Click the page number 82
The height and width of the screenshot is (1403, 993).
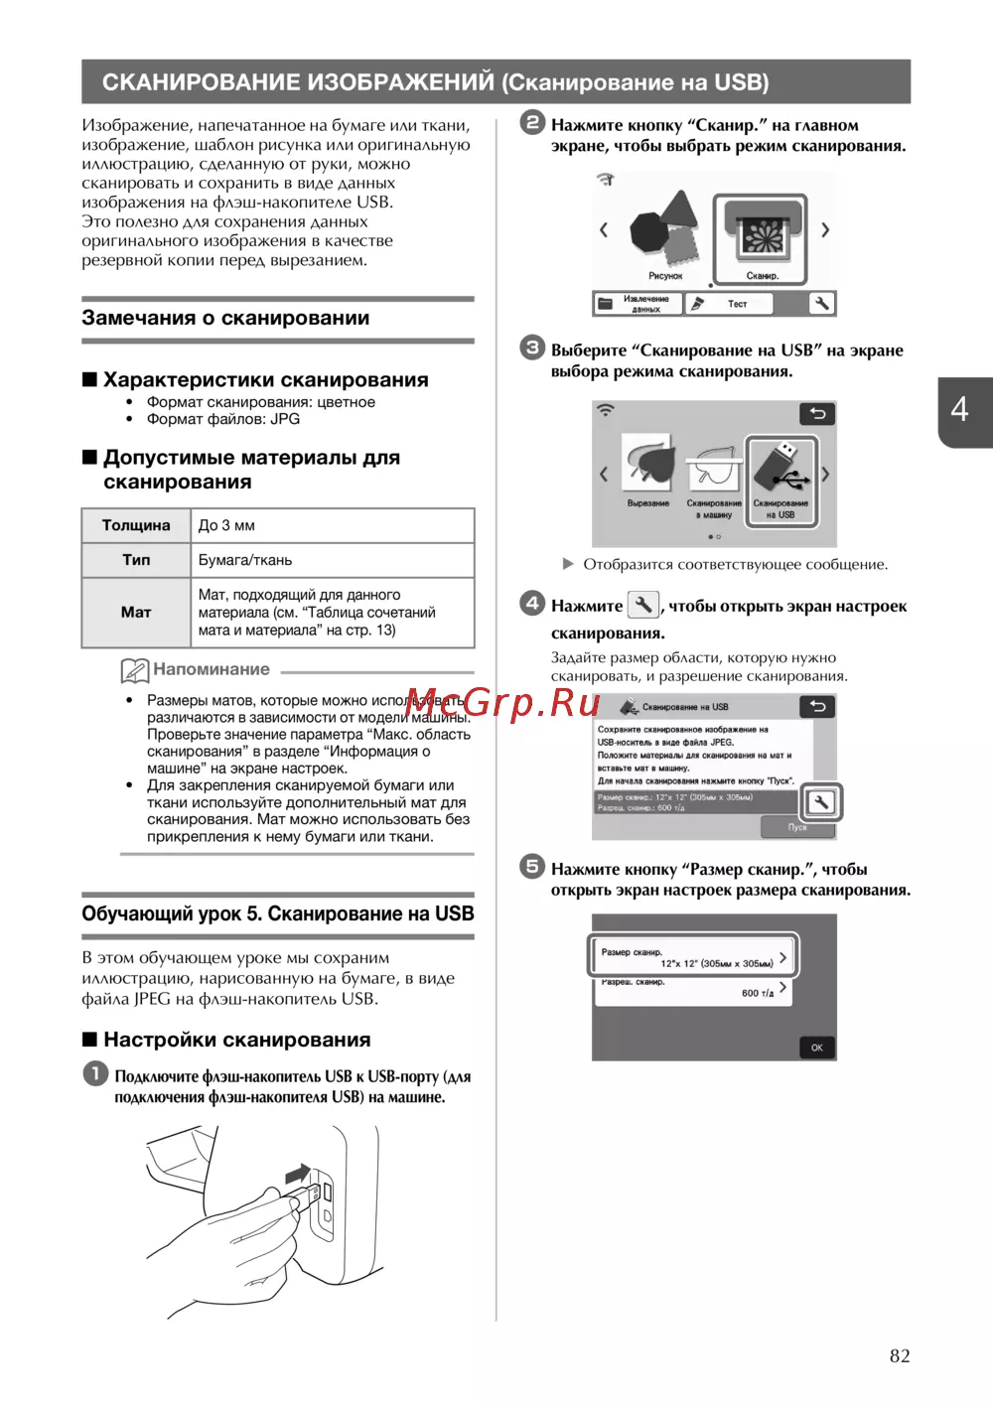click(899, 1356)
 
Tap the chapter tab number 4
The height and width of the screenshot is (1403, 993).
click(959, 409)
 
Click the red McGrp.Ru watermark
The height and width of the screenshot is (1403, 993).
click(502, 703)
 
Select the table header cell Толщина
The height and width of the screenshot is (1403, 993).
click(136, 525)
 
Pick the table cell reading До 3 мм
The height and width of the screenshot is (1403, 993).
click(226, 525)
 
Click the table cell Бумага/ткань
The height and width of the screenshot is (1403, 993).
click(245, 560)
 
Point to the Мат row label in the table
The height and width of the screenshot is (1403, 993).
click(136, 613)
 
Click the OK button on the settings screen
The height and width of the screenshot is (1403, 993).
click(816, 1048)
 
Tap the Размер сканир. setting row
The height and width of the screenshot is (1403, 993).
click(692, 957)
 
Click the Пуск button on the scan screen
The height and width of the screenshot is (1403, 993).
click(797, 827)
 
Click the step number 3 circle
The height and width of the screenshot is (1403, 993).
click(532, 348)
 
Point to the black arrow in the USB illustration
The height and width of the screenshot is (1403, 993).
click(298, 1174)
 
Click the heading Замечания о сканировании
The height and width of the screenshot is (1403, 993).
click(225, 318)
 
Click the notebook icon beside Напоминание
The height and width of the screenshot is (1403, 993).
click(134, 670)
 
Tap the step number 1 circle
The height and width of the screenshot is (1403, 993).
click(95, 1073)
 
